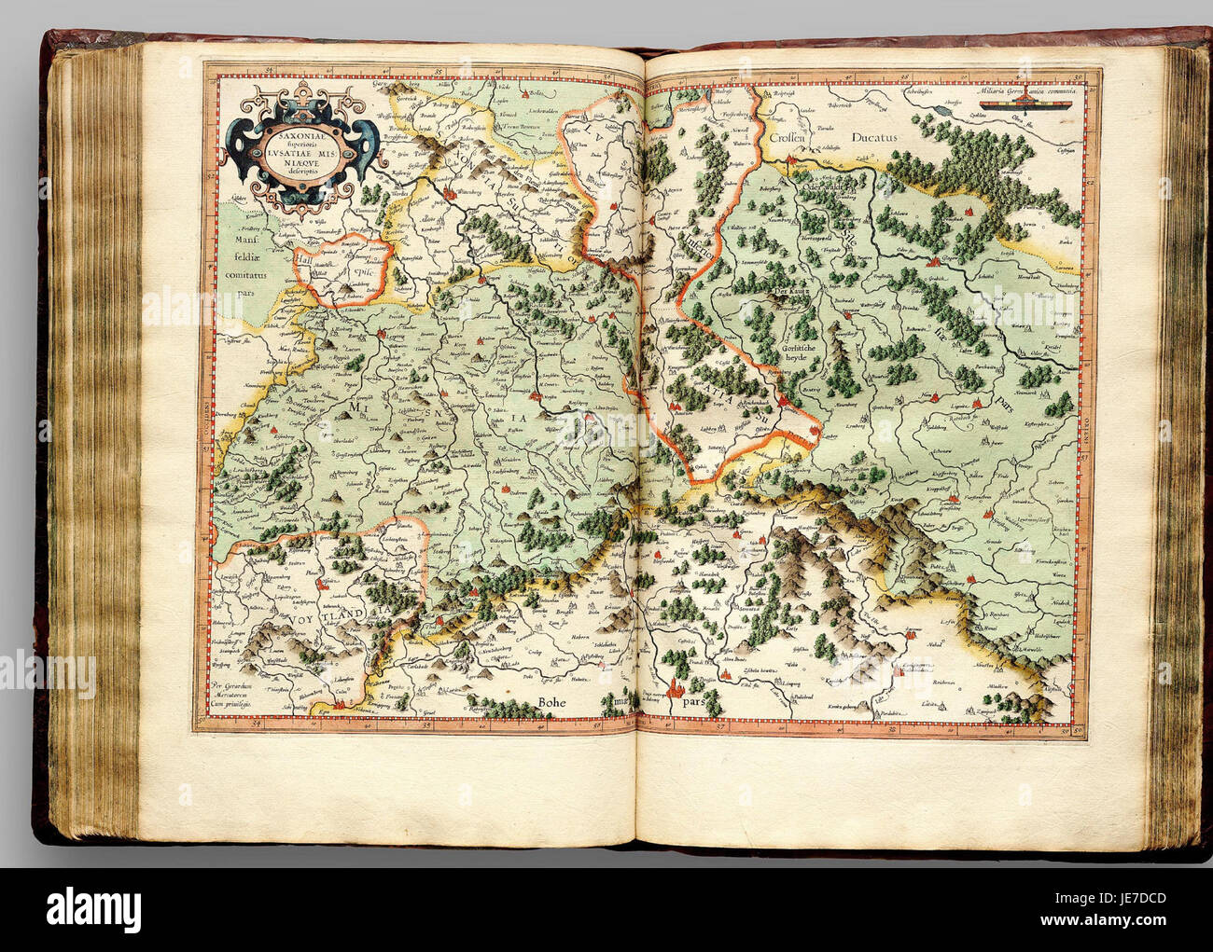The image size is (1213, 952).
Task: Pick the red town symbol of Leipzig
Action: click(383, 328)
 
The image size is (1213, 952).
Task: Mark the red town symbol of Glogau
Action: click(932, 264)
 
